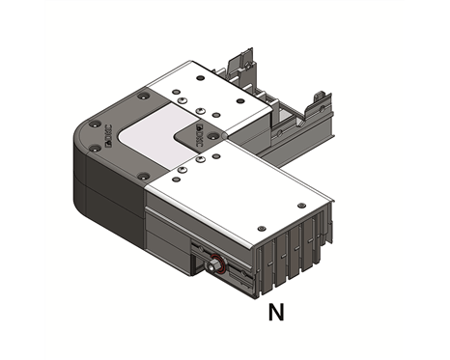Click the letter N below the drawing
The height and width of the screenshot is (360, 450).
pyautogui.click(x=275, y=312)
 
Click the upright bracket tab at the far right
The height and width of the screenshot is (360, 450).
pyautogui.click(x=316, y=107)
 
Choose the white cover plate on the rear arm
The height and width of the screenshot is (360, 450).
pyautogui.click(x=208, y=97)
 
